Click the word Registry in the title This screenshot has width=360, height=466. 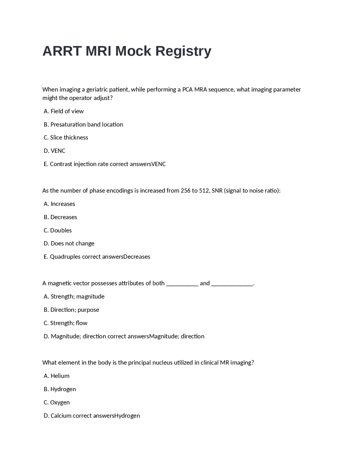coord(183,51)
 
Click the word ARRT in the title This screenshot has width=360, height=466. coord(62,51)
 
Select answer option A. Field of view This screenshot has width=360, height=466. coord(64,111)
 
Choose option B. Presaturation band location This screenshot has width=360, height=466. coord(84,124)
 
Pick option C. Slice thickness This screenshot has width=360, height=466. coord(66,138)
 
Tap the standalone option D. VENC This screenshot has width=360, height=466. coord(55,151)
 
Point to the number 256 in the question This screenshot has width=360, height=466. coord(185,191)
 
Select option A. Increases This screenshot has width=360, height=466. coord(60,204)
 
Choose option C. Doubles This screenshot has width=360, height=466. coord(58,230)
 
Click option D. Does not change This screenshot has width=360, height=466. coord(69,243)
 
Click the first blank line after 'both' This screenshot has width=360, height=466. coord(182,284)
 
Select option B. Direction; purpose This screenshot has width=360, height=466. coord(71,310)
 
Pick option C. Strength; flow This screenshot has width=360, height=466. coord(66,323)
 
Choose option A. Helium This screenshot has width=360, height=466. coord(57,376)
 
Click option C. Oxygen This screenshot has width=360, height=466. coord(57,402)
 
